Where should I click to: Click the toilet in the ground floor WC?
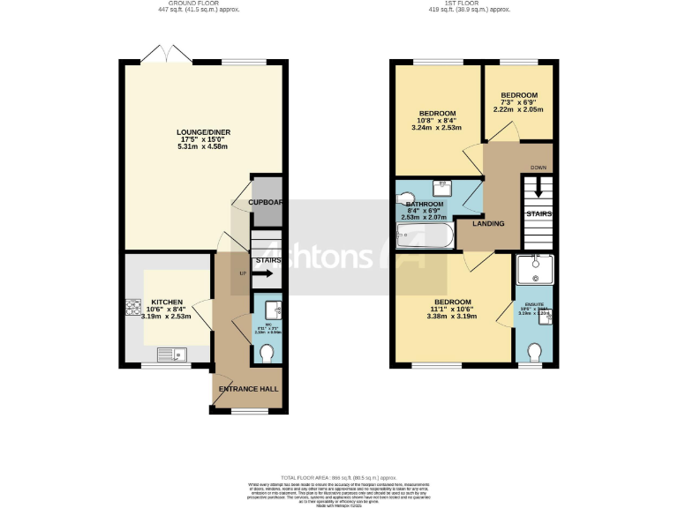[x=267, y=353]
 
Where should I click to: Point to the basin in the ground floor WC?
[x=273, y=309]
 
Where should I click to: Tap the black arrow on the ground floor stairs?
[x=268, y=273]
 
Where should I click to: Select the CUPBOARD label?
[x=266, y=202]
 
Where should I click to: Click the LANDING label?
[x=488, y=223]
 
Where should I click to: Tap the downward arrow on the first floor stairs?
[x=538, y=190]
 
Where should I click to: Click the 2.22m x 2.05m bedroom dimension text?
[x=518, y=110]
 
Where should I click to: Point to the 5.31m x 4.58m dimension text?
[x=203, y=146]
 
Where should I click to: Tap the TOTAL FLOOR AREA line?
[x=339, y=475]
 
